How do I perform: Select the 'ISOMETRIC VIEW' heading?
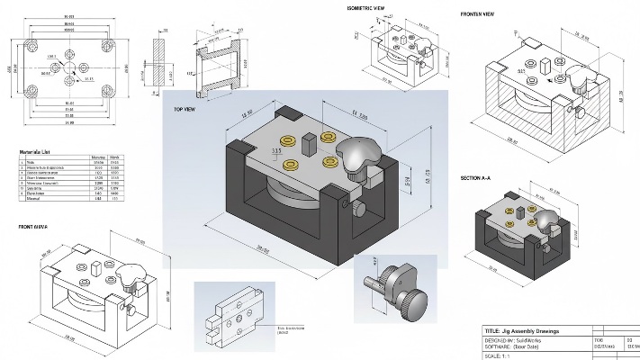(x=367, y=8)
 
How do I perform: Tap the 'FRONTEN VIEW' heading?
(x=477, y=14)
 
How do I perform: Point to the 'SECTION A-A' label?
(x=475, y=178)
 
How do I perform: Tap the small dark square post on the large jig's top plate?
(x=309, y=141)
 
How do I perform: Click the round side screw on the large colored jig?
(x=358, y=210)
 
